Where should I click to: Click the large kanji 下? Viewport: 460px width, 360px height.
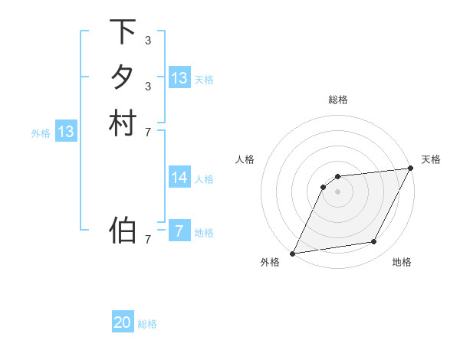(123, 32)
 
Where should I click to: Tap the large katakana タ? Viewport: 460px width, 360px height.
(123, 77)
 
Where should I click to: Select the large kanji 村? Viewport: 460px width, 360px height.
(123, 123)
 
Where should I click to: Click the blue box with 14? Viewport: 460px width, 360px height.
(179, 178)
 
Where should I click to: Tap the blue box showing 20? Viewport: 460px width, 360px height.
(123, 322)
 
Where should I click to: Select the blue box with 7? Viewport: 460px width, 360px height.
(179, 231)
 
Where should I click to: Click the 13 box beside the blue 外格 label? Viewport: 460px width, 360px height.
(66, 132)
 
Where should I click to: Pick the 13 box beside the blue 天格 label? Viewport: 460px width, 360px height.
(179, 77)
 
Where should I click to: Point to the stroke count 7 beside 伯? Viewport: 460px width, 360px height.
(147, 240)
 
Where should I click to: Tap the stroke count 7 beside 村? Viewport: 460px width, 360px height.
(147, 132)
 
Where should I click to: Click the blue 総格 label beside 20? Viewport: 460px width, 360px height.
(147, 324)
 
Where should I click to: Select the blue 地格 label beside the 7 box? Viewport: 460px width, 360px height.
(204, 233)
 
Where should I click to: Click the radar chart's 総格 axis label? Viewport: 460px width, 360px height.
(338, 100)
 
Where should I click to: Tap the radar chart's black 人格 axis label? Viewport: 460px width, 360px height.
(245, 159)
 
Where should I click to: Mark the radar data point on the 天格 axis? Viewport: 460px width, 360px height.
(410, 169)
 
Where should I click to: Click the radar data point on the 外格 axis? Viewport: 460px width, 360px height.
(293, 254)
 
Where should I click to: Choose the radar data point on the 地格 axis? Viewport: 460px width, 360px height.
(374, 242)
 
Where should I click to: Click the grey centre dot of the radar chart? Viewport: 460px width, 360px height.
(338, 192)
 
